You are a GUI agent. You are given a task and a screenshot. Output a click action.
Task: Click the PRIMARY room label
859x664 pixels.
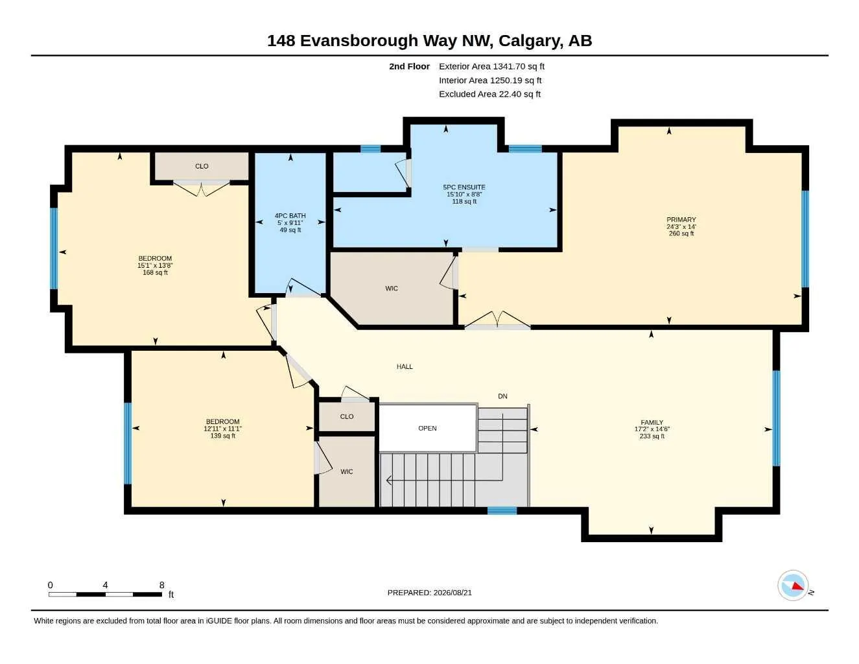(681, 220)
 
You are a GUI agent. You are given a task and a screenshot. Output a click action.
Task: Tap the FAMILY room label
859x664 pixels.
(652, 422)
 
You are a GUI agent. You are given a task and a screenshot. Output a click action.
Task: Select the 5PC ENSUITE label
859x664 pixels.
(464, 187)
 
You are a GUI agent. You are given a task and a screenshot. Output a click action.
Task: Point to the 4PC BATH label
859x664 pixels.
(290, 216)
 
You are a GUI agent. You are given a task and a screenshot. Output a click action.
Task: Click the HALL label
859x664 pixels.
(405, 367)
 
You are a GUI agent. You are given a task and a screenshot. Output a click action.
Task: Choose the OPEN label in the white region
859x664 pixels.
(427, 429)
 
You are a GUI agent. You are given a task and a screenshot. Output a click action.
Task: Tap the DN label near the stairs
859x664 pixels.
(502, 396)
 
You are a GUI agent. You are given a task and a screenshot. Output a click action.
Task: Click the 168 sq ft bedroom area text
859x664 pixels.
(155, 273)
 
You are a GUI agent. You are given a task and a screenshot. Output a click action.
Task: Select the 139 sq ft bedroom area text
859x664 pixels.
(222, 436)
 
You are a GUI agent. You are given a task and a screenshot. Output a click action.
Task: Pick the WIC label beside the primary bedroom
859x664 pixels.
(392, 289)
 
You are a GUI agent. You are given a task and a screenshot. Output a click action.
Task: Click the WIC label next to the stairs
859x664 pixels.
(347, 472)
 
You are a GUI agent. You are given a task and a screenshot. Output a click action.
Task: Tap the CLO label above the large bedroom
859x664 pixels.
(202, 167)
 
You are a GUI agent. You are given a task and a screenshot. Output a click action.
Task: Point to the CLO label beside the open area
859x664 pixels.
(347, 416)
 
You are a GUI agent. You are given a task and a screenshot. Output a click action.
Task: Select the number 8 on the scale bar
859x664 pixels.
(161, 585)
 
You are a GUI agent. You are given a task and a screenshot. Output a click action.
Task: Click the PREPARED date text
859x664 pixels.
(430, 593)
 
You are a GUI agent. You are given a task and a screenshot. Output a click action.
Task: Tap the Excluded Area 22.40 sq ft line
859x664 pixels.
(489, 94)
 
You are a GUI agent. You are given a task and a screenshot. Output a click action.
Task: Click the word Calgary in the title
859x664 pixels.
(530, 41)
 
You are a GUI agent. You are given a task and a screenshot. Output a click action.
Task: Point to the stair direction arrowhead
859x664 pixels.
(389, 480)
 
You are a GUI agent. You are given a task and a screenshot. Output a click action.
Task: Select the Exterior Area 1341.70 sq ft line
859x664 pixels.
(491, 66)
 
